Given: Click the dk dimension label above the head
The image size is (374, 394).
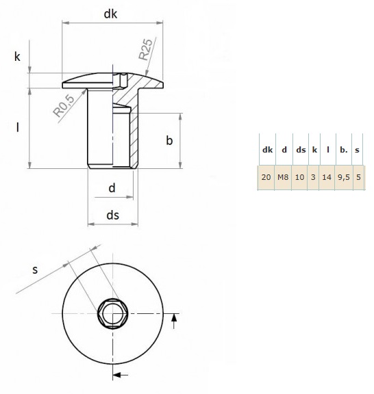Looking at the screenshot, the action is pyautogui.click(x=110, y=14).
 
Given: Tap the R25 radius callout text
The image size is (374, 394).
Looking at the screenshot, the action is pyautogui.click(x=146, y=49).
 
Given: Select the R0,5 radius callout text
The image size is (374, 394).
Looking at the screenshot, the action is pyautogui.click(x=64, y=106).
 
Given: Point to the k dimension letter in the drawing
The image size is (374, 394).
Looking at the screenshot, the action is pyautogui.click(x=17, y=57).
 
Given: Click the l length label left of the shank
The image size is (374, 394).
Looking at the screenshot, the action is pyautogui.click(x=17, y=127).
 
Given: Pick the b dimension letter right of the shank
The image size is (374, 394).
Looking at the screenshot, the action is pyautogui.click(x=169, y=140).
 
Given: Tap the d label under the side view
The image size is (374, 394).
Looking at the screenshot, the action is pyautogui.click(x=112, y=187).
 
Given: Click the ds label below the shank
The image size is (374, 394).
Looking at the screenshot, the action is pyautogui.click(x=112, y=215).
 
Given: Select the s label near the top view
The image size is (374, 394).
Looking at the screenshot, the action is pyautogui.click(x=35, y=270).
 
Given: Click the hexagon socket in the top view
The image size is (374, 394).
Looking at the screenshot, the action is pyautogui.click(x=112, y=313).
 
